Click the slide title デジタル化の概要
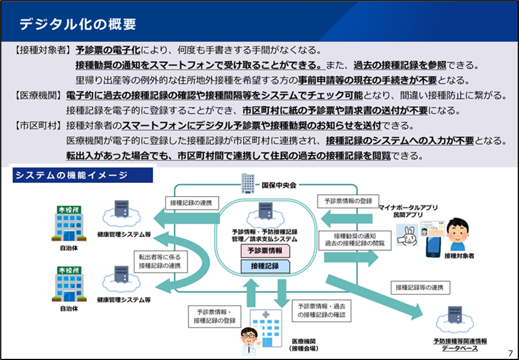(x=78, y=24)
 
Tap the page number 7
(x=510, y=352)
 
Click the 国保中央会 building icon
(x=248, y=184)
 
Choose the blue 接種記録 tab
(x=265, y=266)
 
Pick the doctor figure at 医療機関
(x=248, y=341)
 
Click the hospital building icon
(x=266, y=325)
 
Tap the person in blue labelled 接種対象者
(x=460, y=234)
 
